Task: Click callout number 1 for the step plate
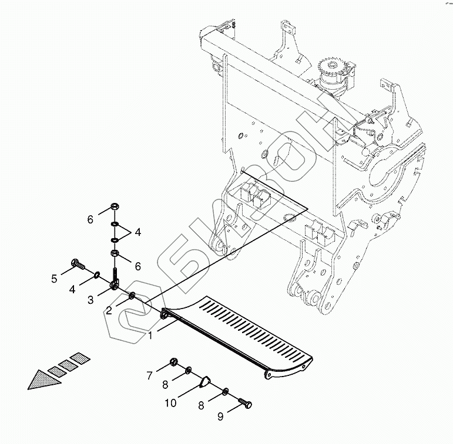coord(150,336)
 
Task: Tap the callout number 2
coord(109,310)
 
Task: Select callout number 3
coord(90,300)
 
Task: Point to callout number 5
coord(54,279)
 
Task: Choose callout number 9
coord(220,417)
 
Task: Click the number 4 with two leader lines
coord(137,232)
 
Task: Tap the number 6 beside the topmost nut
coord(90,220)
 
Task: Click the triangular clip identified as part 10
coord(203,382)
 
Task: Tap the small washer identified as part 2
coord(132,295)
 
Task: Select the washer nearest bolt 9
coord(226,392)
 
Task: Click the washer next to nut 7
coord(187,370)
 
